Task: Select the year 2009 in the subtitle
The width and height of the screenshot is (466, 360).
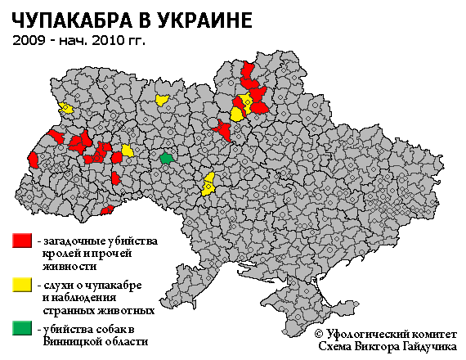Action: [29, 39]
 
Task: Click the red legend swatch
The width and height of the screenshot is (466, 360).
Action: [22, 241]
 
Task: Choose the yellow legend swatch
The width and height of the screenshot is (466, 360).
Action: [22, 285]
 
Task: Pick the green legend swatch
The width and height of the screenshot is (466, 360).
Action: [22, 329]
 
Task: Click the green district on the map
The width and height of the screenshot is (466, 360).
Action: [167, 157]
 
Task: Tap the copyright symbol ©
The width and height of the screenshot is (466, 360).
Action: [319, 334]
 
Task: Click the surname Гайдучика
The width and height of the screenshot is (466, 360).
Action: [428, 347]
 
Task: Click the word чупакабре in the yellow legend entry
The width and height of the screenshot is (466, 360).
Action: [114, 285]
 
